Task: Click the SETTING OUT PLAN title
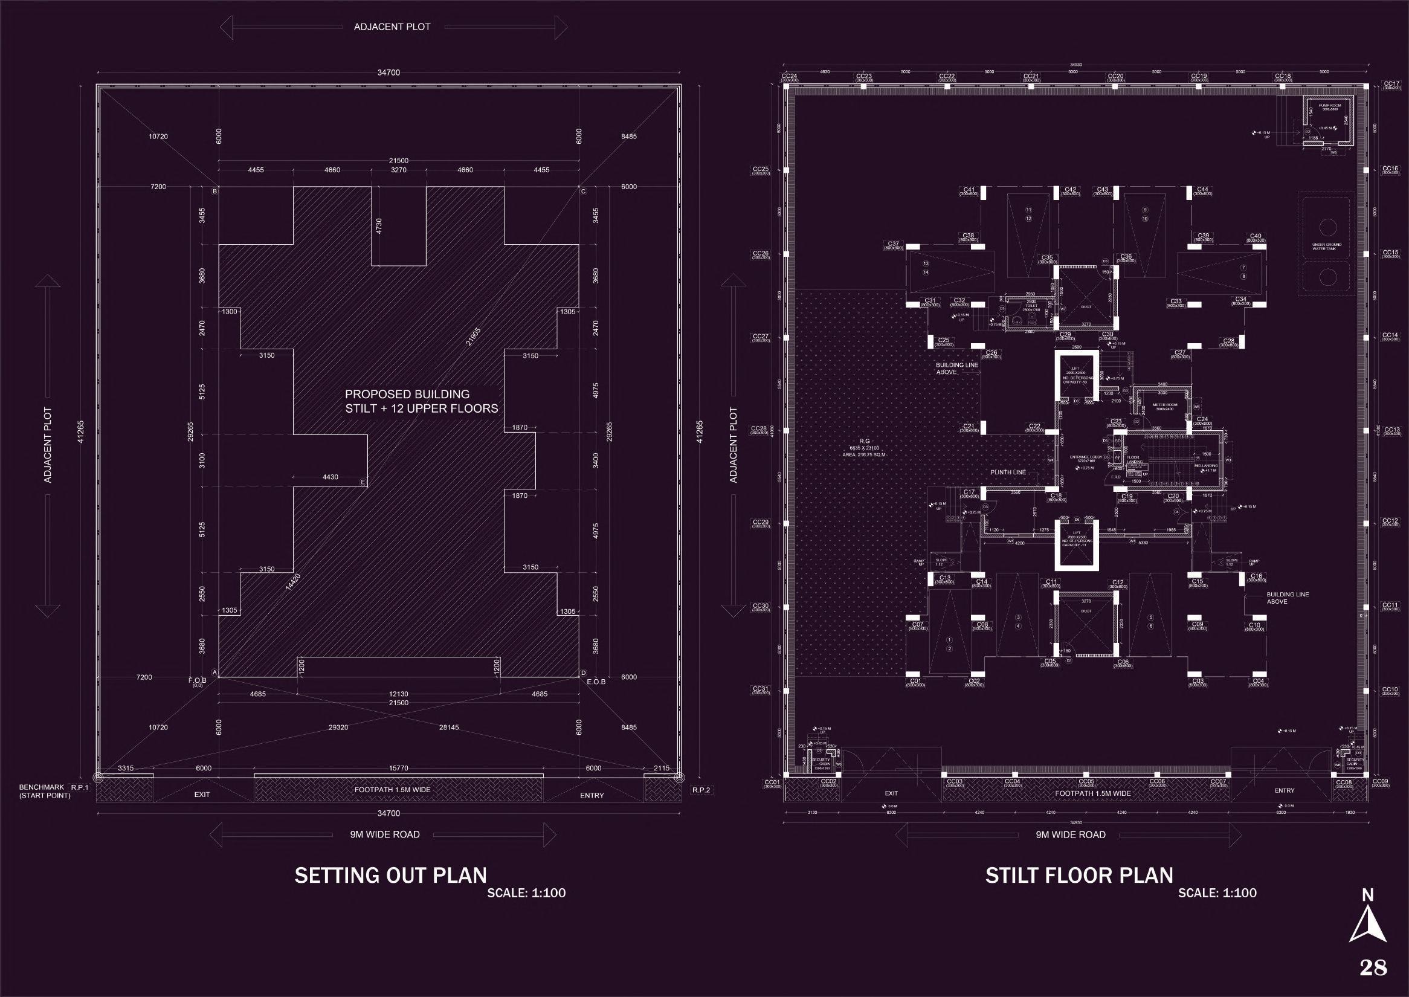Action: coord(390,875)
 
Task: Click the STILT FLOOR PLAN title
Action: coord(1079,875)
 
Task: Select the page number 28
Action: coord(1373,968)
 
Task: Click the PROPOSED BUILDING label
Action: coord(407,394)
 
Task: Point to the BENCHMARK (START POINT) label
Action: coord(44,791)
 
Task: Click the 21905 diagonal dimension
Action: coord(472,337)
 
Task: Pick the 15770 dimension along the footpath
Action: coord(398,768)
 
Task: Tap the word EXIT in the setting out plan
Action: coord(202,795)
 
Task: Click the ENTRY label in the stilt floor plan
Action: coord(1285,791)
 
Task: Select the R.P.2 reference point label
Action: coord(701,790)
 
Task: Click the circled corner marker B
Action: coord(215,192)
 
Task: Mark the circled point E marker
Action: coord(364,482)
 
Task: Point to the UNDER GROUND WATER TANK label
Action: coord(1327,246)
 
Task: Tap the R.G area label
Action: coord(865,440)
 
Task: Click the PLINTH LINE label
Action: coord(1007,473)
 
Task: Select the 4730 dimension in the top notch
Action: coord(379,225)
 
